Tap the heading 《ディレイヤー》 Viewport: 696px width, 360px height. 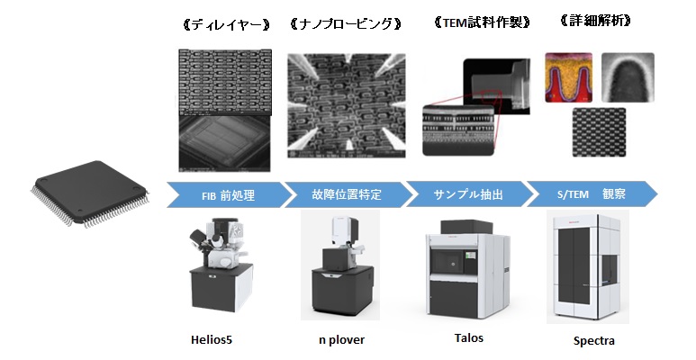coord(226,25)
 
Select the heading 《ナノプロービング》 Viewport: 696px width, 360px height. coord(346,23)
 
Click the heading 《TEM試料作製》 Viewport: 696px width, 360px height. coord(482,22)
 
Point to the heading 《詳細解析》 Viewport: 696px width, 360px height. coord(596,21)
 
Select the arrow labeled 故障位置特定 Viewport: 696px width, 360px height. coord(347,194)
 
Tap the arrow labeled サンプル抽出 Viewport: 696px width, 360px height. coord(468,194)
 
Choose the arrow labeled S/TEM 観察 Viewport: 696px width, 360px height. coord(592,194)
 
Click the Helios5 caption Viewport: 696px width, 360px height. coord(212,340)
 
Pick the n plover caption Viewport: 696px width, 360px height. coord(341,340)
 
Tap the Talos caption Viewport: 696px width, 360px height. coord(469,337)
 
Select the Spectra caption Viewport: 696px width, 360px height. coord(594,341)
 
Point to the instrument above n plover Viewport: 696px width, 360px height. coord(340,266)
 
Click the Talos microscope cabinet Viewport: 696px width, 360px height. coord(467,269)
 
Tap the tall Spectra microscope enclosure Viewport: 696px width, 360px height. coord(588,267)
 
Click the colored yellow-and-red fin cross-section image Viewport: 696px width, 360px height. coord(569,78)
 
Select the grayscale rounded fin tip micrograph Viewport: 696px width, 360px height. coord(628,77)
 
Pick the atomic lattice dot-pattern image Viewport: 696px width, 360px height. coord(600,131)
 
